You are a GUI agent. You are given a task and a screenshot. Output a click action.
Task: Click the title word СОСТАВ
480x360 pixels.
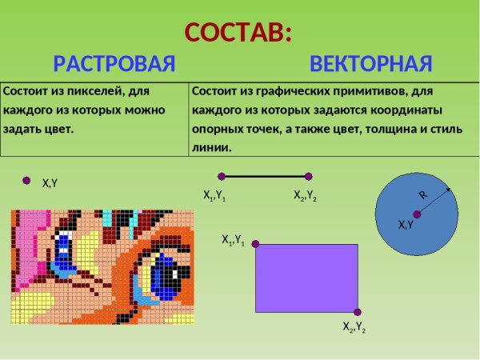click(238, 33)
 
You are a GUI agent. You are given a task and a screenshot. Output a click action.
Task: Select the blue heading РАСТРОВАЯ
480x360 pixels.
click(114, 64)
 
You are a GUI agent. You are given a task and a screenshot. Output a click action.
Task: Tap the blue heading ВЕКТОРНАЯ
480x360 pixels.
click(371, 64)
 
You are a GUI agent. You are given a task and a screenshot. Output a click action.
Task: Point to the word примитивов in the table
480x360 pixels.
click(380, 92)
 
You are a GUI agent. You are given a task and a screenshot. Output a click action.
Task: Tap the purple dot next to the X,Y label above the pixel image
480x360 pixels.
click(26, 180)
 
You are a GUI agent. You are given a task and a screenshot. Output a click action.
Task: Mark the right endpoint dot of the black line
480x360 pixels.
click(308, 176)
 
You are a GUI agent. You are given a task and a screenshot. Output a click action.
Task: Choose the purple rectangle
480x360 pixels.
click(306, 278)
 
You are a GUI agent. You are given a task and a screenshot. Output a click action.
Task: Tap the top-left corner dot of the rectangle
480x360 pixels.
click(256, 244)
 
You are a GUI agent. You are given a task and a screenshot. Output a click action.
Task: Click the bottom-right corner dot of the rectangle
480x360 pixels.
click(358, 312)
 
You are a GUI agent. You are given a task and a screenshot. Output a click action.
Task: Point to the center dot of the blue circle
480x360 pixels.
click(417, 214)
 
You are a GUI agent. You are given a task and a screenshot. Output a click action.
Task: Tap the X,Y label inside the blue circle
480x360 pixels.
click(406, 225)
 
